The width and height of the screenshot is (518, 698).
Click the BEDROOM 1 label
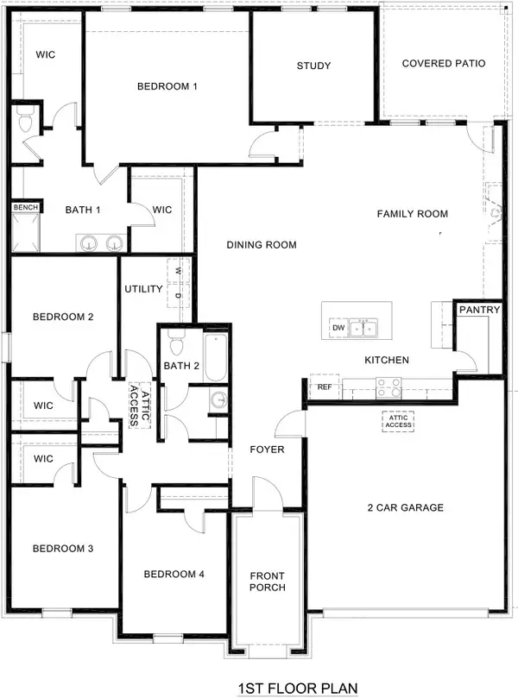pyautogui.click(x=168, y=86)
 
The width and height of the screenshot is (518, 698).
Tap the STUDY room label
pyautogui.click(x=314, y=66)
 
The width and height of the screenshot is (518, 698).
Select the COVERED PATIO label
pyautogui.click(x=444, y=64)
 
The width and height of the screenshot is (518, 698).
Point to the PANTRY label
pyautogui.click(x=477, y=310)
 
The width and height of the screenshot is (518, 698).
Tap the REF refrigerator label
pyautogui.click(x=324, y=387)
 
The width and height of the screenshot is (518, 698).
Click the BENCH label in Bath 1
pyautogui.click(x=22, y=208)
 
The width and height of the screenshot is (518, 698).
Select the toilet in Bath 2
pyautogui.click(x=177, y=345)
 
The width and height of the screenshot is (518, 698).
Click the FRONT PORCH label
pyautogui.click(x=268, y=582)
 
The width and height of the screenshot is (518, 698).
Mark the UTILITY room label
pyautogui.click(x=143, y=289)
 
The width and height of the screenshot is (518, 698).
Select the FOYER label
pyautogui.click(x=268, y=450)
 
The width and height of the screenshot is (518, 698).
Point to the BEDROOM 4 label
pyautogui.click(x=174, y=575)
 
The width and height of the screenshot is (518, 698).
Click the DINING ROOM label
pyautogui.click(x=262, y=245)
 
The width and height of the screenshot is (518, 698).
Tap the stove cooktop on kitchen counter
pyautogui.click(x=389, y=387)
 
